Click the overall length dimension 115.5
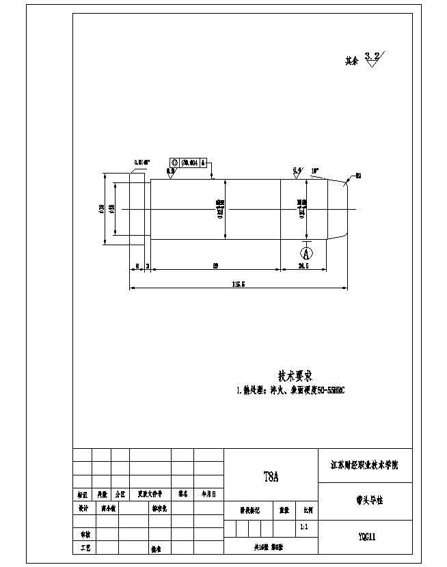tap(239, 283)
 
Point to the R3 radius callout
tap(358, 176)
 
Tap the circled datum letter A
tap(306, 252)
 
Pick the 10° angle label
tap(314, 169)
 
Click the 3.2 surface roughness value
tap(373, 55)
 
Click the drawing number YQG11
tap(366, 536)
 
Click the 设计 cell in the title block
tap(83, 508)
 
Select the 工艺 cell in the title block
tap(83, 548)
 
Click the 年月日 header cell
tap(208, 493)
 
